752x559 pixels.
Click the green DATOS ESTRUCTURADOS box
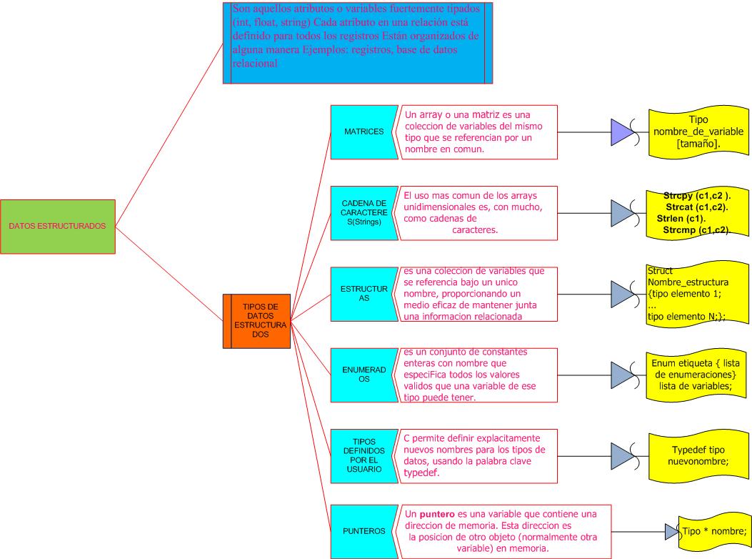coord(57,227)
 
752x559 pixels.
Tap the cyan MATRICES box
coord(364,132)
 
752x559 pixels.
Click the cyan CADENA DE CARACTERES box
coord(364,213)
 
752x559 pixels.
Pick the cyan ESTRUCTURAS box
coord(364,294)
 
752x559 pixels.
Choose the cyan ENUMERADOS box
coord(364,375)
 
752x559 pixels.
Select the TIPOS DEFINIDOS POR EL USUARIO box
coord(364,455)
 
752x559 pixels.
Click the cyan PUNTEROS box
coord(364,531)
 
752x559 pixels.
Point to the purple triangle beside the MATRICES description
coord(621,132)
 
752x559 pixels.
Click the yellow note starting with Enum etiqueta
coord(696,375)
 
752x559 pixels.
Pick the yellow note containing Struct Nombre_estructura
coord(696,295)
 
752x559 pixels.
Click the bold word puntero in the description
coord(436,514)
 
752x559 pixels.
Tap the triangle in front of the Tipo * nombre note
coord(672,532)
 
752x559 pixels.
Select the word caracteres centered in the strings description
coord(475,230)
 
